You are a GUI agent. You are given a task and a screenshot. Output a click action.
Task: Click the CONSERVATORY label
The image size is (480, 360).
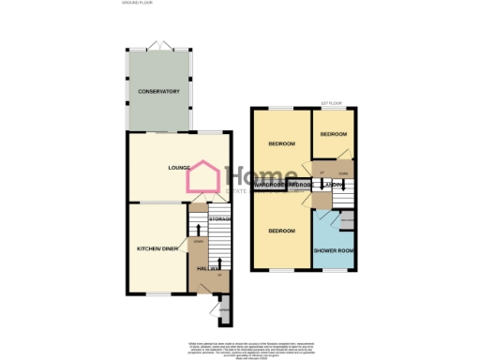(x=158, y=91)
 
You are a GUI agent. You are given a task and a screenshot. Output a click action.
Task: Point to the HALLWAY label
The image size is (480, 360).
(x=208, y=269)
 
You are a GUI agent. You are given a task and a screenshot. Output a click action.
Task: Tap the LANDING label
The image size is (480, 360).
(x=330, y=185)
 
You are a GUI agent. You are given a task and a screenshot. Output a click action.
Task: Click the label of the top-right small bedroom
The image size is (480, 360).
(x=333, y=134)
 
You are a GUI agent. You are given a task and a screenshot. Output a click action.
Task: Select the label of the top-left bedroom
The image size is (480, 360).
(x=282, y=143)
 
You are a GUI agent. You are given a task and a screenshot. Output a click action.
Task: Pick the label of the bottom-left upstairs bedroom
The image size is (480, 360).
(x=282, y=230)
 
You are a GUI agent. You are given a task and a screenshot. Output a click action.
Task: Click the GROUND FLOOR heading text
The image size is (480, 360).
(x=137, y=5)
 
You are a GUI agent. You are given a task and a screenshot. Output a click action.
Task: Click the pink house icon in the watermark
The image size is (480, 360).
(x=204, y=178)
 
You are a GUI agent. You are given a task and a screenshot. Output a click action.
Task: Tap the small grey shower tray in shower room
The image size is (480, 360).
(x=345, y=221)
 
